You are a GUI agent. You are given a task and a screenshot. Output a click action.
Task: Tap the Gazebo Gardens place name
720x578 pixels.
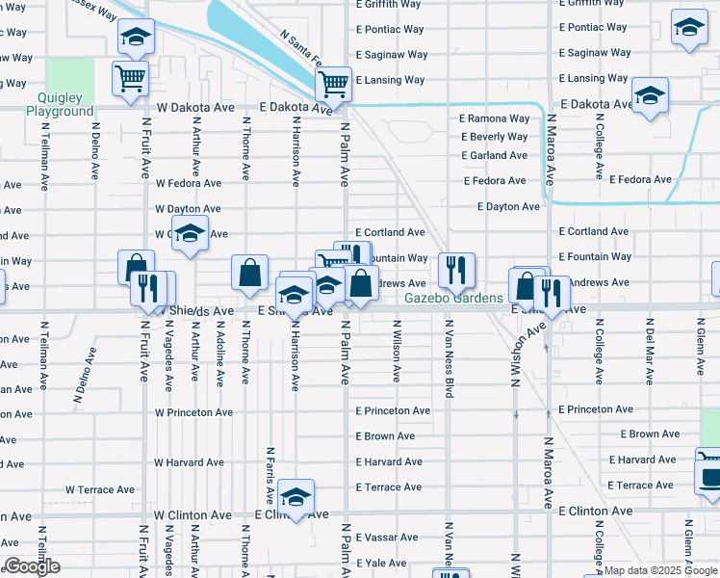coord(452,298)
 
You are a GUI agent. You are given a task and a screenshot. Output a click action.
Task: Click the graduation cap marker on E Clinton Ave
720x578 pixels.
coord(296,496)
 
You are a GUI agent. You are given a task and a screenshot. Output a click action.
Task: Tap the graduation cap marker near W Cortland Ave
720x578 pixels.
coord(191,234)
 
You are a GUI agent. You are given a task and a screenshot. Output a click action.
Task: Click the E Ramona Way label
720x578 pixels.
coord(494,118)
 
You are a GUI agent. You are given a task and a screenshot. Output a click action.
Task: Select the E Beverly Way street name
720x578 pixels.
coord(494,137)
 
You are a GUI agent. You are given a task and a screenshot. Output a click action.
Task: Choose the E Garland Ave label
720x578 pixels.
coord(494,155)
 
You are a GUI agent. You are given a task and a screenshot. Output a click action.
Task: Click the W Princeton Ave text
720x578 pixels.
coord(194,412)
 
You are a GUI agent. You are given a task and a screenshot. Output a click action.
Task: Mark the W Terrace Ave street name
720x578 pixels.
coord(103,489)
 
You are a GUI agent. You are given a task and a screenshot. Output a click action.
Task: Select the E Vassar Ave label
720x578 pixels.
coord(387,537)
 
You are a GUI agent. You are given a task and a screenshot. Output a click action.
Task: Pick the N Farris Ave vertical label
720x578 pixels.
coord(270,476)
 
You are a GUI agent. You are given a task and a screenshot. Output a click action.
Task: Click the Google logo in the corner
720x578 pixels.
coord(32,566)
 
